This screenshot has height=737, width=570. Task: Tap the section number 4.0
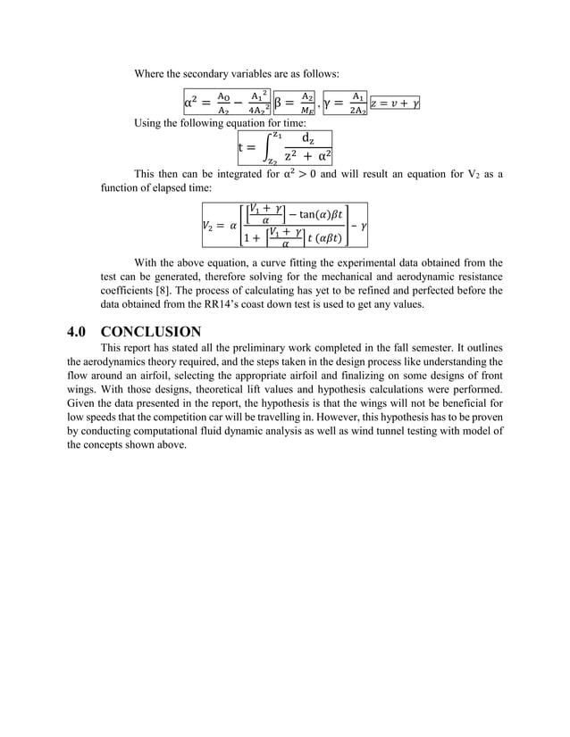[80, 331]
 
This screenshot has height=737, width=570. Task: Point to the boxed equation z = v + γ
[395, 104]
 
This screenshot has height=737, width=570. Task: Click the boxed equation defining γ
[345, 103]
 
